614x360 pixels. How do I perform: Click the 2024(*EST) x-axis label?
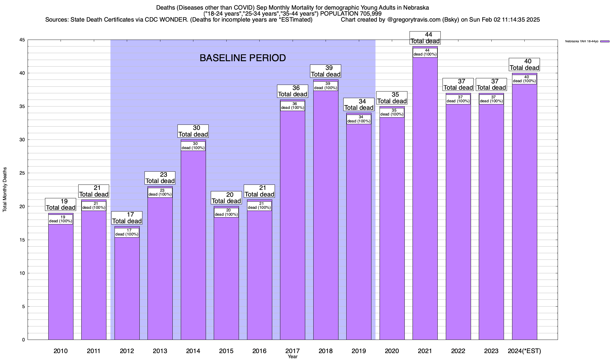pyautogui.click(x=524, y=351)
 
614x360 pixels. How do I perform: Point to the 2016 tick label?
pyautogui.click(x=259, y=351)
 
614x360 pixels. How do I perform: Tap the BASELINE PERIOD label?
pyautogui.click(x=243, y=58)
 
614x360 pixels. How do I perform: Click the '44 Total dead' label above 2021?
pyautogui.click(x=425, y=38)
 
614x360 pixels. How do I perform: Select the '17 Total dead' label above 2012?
pyautogui.click(x=127, y=218)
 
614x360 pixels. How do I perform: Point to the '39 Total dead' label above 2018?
pyautogui.click(x=326, y=71)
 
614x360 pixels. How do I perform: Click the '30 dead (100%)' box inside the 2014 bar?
pyautogui.click(x=193, y=146)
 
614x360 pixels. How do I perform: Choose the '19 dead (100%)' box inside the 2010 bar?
pyautogui.click(x=61, y=219)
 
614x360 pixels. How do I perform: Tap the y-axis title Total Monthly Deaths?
pyautogui.click(x=5, y=190)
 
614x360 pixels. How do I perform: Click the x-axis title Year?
pyautogui.click(x=292, y=357)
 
